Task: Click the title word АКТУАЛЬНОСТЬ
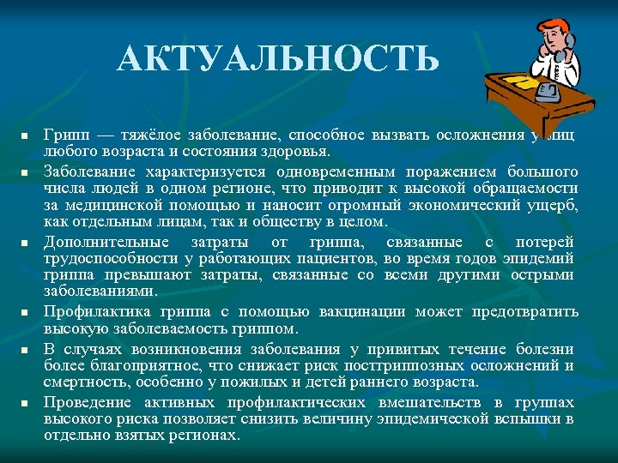[279, 60]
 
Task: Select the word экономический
[470, 206]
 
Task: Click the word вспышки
[526, 418]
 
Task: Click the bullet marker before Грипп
[26, 136]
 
